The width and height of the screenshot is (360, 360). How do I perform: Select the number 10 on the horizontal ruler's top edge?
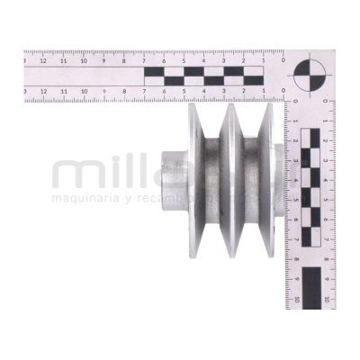pyautogui.click(x=84, y=62)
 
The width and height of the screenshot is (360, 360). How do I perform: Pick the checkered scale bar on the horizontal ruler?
pyautogui.click(x=203, y=76)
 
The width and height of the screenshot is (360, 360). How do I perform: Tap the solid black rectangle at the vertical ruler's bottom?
pyautogui.click(x=310, y=286)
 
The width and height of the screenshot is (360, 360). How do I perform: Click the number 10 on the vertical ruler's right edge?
pyautogui.click(x=326, y=300)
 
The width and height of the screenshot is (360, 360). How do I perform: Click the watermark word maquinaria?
pyautogui.click(x=91, y=197)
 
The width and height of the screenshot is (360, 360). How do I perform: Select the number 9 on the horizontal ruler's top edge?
pyautogui.click(x=104, y=62)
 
